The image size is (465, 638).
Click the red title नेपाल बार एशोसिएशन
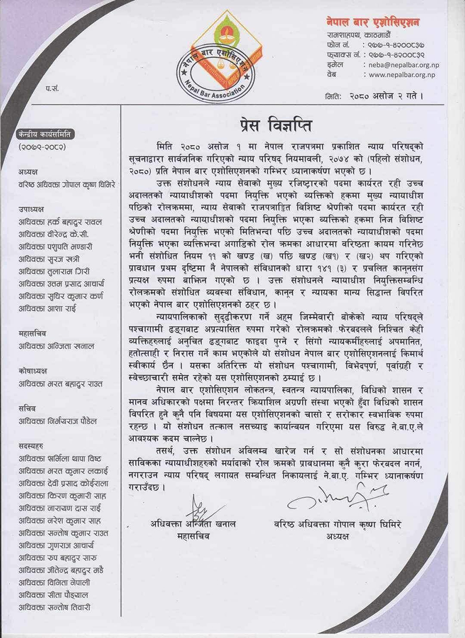373,22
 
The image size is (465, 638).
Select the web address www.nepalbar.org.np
402,75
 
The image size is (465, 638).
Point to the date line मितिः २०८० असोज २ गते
373,96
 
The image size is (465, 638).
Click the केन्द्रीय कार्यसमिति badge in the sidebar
45,135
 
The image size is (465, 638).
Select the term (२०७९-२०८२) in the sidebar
44,148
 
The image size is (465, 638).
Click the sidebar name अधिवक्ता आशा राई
48,309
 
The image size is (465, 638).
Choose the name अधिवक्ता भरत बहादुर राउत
60,384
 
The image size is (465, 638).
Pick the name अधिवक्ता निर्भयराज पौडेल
60,421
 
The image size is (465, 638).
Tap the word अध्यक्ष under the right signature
338,536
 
